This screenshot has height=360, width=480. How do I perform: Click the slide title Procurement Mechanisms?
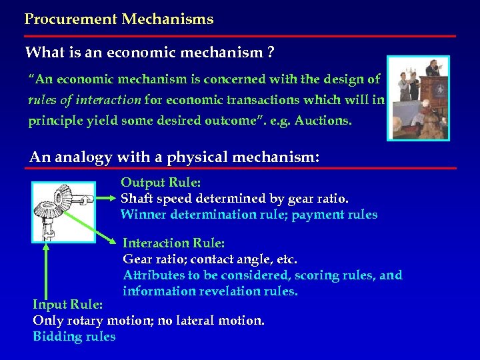(119, 19)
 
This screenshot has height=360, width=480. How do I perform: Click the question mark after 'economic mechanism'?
(271, 52)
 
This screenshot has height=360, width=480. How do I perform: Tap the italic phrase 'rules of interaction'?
(85, 100)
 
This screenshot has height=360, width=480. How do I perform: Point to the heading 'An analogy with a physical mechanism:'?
(175, 157)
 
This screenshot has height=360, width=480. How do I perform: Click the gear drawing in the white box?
(63, 212)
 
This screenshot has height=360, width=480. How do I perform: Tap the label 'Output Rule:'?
(161, 182)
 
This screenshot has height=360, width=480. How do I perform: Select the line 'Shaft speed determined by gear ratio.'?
(234, 198)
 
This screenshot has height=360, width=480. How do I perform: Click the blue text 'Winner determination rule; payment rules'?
(249, 215)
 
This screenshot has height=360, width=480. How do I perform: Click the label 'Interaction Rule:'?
(173, 243)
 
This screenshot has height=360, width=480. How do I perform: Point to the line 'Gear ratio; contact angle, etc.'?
(210, 259)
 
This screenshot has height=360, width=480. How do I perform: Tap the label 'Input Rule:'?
(67, 304)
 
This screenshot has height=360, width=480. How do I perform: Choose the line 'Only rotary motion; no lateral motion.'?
(149, 321)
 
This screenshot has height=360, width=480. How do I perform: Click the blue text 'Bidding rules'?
(74, 337)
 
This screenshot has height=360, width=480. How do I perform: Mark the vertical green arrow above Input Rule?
(46, 270)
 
